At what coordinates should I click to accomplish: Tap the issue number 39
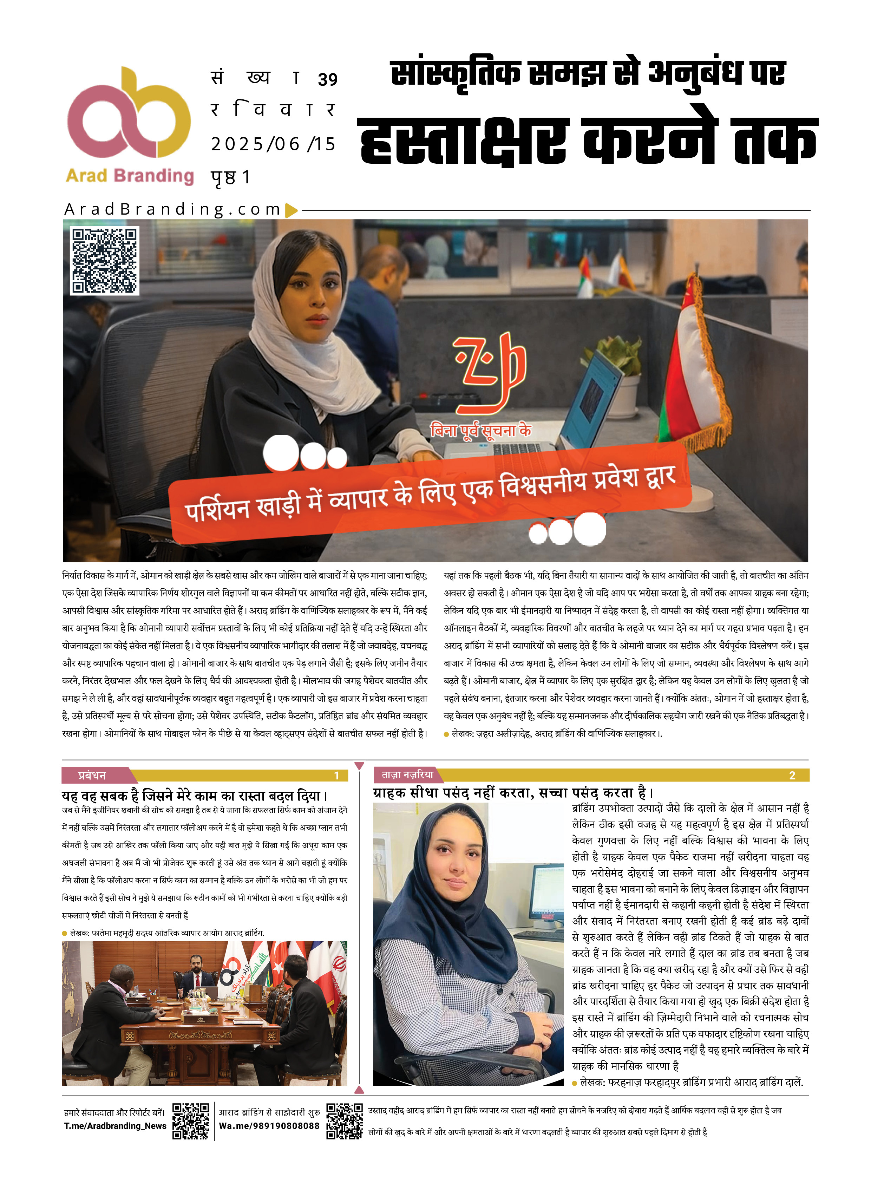tap(327, 80)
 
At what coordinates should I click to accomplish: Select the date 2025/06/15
tap(273, 144)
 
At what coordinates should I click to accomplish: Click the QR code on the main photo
tap(105, 260)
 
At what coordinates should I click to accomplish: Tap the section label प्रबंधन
tap(92, 776)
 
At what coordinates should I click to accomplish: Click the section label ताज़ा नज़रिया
tap(407, 774)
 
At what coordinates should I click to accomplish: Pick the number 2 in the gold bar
tap(792, 776)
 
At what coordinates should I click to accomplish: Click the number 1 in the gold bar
tap(336, 776)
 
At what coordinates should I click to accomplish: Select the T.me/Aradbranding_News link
tap(115, 1126)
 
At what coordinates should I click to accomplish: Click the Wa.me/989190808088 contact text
tap(269, 1126)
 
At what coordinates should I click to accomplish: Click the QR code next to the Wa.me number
tap(344, 1121)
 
